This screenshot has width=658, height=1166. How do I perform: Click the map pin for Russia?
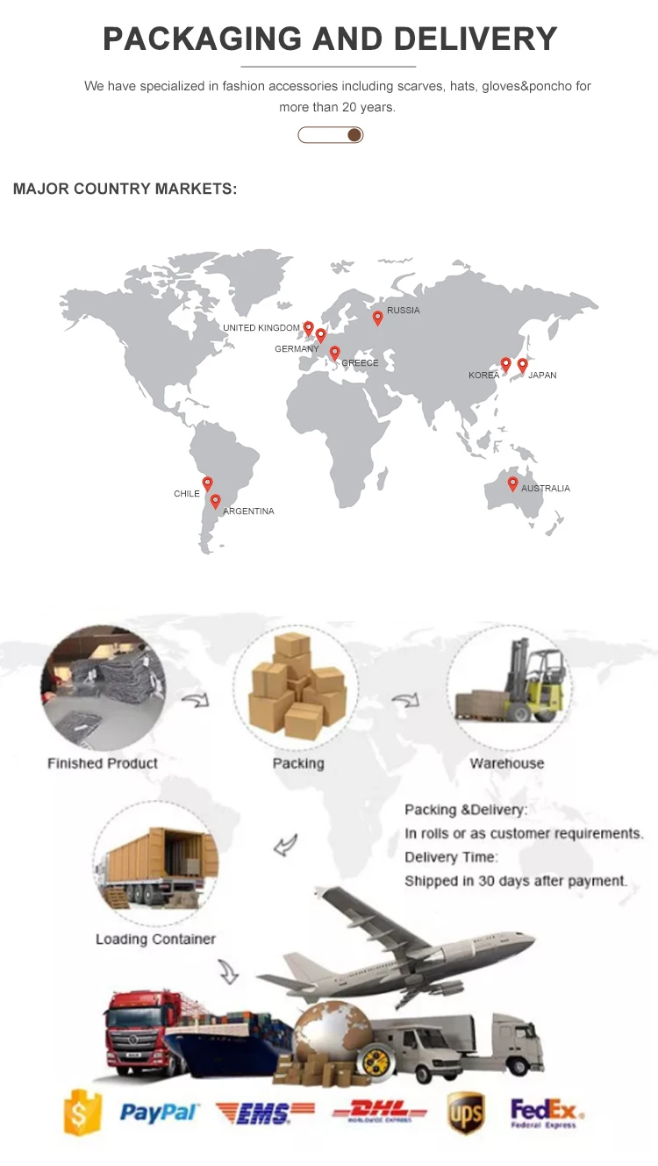[x=378, y=318]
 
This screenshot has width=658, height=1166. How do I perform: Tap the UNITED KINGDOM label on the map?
[x=261, y=328]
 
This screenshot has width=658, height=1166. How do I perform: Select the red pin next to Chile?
[x=208, y=483]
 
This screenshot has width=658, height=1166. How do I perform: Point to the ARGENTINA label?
[x=248, y=511]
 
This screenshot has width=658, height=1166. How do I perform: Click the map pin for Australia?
[x=513, y=483]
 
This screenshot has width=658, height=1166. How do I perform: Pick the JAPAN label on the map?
[x=542, y=376]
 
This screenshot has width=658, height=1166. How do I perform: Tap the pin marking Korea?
[x=505, y=363]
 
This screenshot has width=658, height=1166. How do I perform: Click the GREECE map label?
[x=360, y=363]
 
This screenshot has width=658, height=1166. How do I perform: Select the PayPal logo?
[x=159, y=1113]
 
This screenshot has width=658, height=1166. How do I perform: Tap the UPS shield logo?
[x=465, y=1112]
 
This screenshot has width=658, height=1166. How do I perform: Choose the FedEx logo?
[x=545, y=1112]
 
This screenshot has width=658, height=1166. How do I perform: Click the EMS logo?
[x=265, y=1113]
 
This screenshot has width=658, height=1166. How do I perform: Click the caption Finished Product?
[x=103, y=763]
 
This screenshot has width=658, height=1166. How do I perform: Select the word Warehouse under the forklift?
[x=506, y=763]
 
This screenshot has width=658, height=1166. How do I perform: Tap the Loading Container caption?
[x=155, y=939]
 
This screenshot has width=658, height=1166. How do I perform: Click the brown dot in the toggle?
[x=354, y=134]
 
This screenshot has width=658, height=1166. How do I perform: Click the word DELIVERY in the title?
[x=475, y=39]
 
